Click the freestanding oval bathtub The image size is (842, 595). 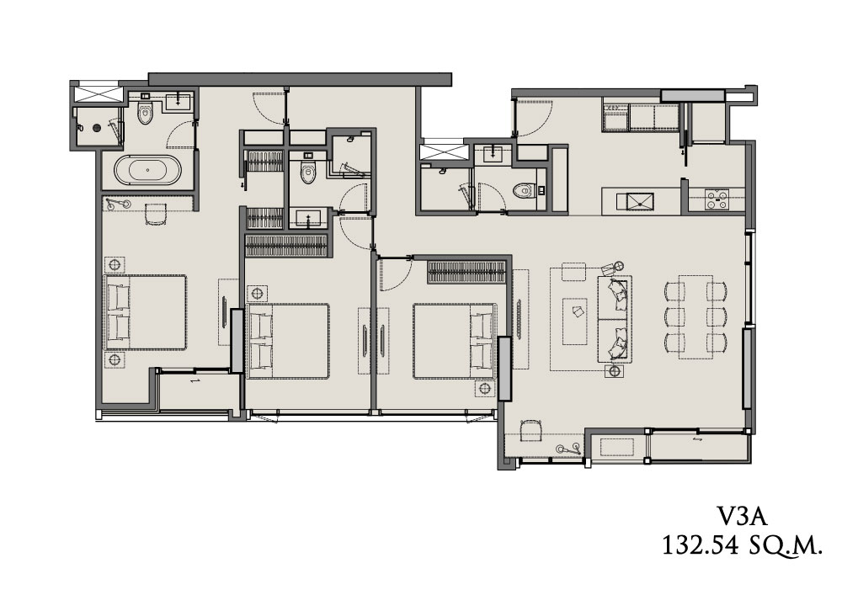coord(147,170)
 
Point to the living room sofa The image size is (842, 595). coord(615,319)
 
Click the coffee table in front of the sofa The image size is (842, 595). coord(574,321)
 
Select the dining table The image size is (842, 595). coord(696,316)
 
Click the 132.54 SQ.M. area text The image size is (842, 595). coord(742,545)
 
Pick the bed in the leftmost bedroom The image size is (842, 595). coord(146,312)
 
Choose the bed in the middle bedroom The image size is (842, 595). coord(288,341)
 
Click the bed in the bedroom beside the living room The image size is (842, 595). coord(455,341)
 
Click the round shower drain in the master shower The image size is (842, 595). coord(97,128)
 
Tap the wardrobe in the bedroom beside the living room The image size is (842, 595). coord(467,272)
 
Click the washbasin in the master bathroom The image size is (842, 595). coord(178,101)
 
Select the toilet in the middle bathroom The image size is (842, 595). coord(307,170)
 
